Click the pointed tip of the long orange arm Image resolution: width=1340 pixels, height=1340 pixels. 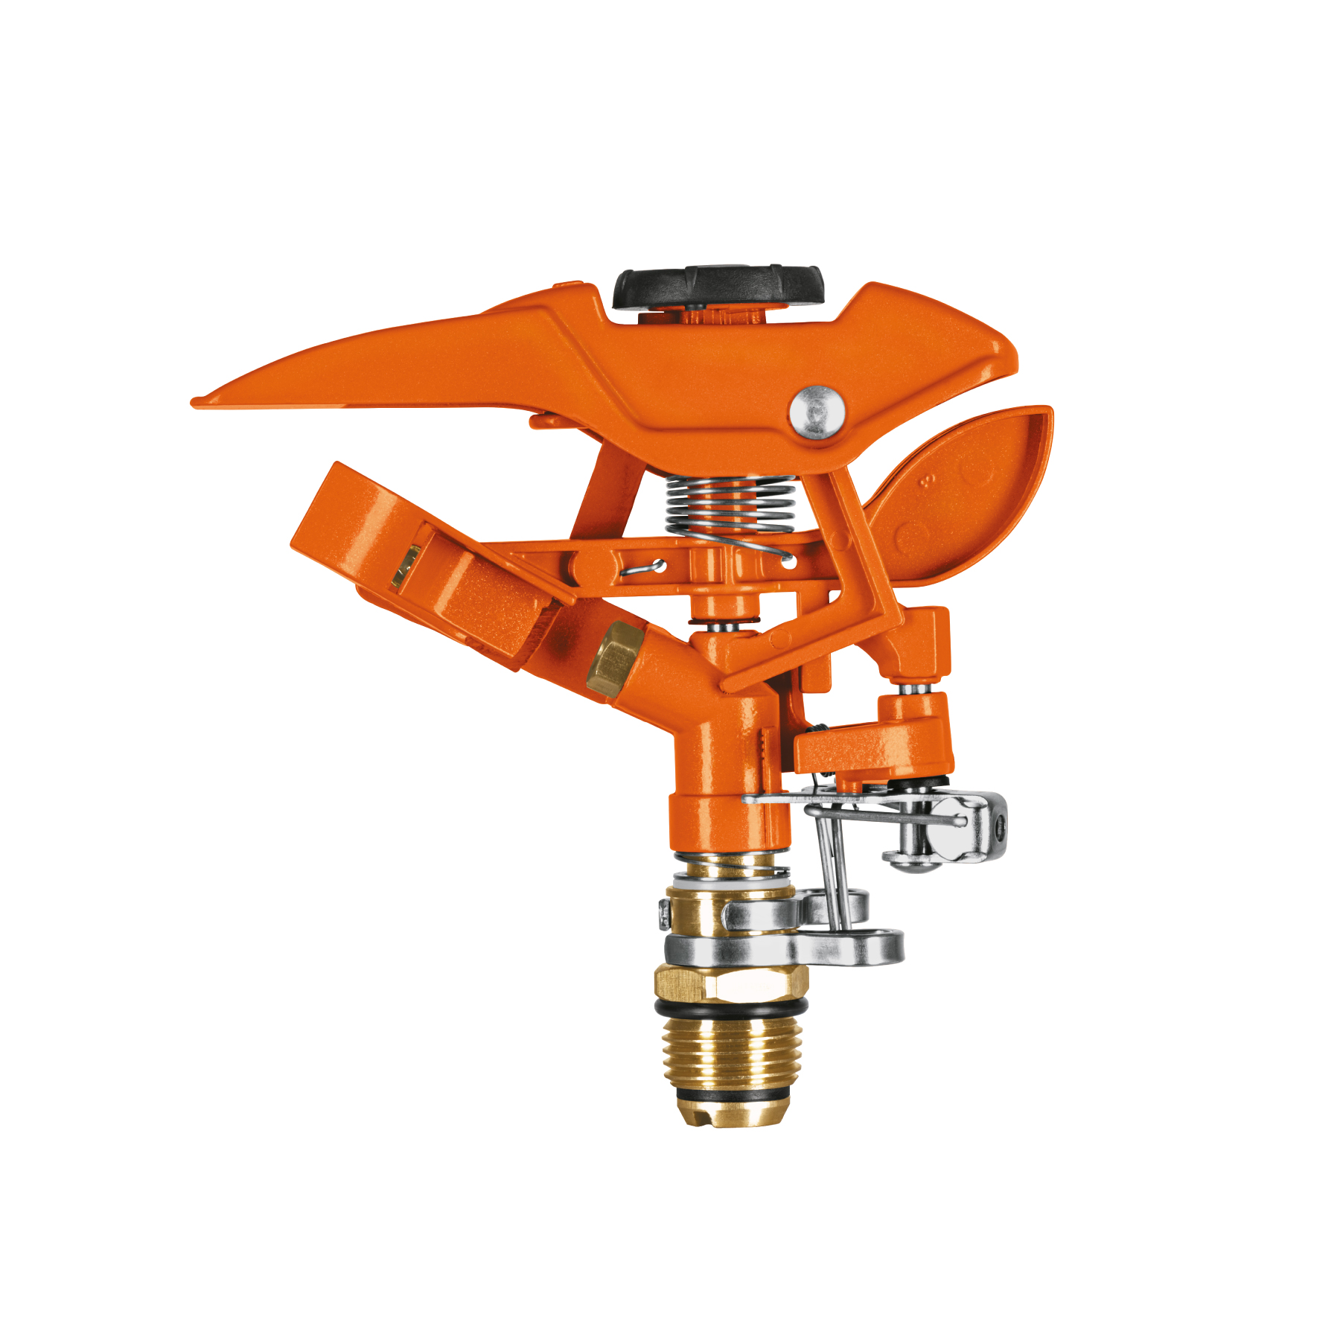(x=198, y=402)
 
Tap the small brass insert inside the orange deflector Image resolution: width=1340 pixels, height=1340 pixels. (x=406, y=564)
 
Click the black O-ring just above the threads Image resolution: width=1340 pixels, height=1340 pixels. (x=730, y=1006)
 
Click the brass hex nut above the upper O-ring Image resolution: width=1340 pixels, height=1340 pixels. (x=731, y=980)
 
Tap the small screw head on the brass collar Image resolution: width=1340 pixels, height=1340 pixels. (x=663, y=913)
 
